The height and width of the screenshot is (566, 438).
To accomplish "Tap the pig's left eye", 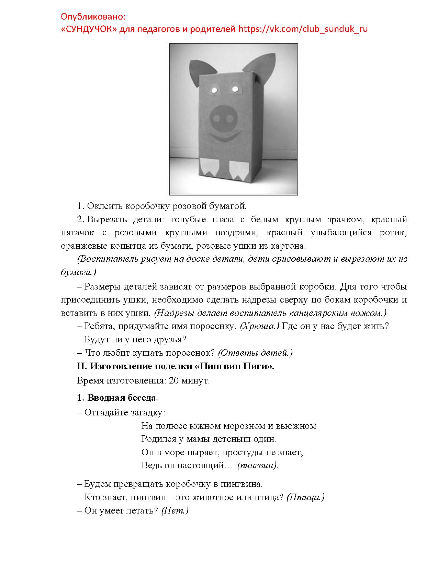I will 213,91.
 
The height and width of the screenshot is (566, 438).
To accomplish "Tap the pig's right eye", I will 235,90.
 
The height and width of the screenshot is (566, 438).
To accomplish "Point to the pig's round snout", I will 224,119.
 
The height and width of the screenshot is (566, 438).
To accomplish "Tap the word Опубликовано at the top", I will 93,16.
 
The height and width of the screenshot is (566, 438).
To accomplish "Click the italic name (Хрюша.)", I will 259,326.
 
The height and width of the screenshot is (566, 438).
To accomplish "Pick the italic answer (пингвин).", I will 258,465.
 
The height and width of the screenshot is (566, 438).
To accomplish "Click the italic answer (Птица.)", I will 305,497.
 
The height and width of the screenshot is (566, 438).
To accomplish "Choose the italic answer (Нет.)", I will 175,510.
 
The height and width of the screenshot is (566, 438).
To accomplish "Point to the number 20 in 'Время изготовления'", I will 173,380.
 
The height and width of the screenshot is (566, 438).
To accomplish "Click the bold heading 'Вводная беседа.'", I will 123,398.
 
